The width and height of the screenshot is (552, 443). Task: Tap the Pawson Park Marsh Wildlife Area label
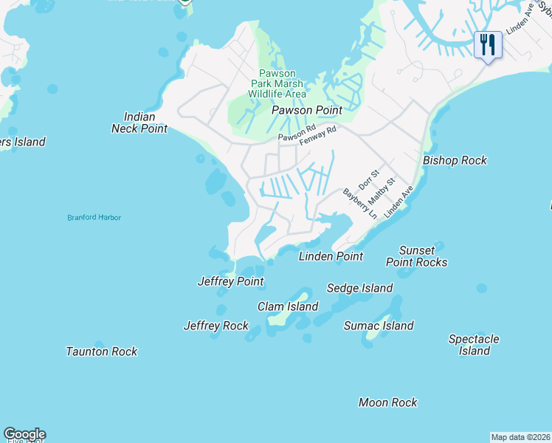tap(277, 83)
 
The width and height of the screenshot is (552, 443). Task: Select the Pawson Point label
tap(307, 110)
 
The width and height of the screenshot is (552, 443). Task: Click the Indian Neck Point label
tap(139, 123)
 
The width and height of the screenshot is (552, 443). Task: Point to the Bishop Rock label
tap(455, 160)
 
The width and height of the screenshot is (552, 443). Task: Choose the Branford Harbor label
tap(94, 218)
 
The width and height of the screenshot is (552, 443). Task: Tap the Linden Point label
tap(331, 256)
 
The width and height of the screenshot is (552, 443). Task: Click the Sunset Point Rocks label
tap(417, 256)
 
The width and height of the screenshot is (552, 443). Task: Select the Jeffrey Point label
tap(231, 281)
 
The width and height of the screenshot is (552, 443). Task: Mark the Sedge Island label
tap(360, 288)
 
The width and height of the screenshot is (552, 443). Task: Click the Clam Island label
tap(288, 306)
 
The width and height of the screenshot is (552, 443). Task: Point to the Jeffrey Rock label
tap(216, 326)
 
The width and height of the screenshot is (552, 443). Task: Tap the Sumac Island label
tap(379, 326)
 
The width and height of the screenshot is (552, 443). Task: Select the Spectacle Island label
tap(474, 345)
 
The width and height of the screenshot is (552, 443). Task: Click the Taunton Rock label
tap(102, 351)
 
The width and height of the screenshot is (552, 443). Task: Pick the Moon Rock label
tap(387, 402)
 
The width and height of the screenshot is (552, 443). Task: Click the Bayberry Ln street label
tap(360, 203)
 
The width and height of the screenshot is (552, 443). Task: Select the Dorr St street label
tap(368, 179)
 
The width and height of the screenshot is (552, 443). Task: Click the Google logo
tap(24, 434)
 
